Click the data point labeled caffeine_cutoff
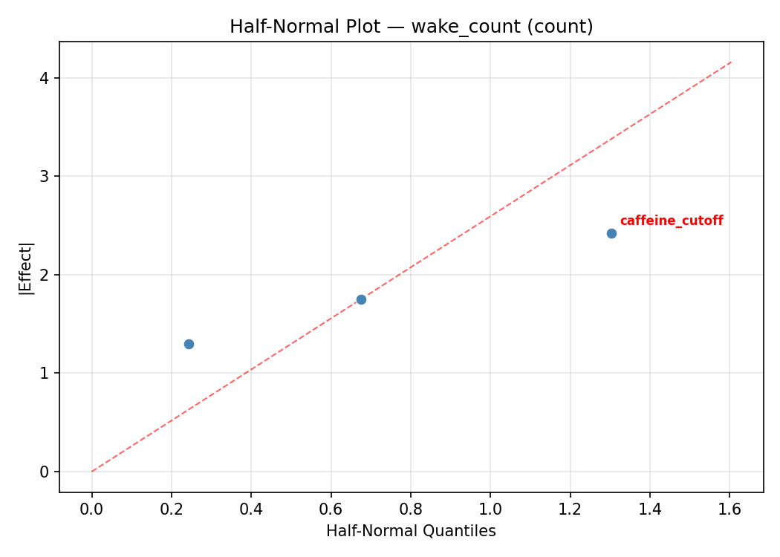point(611,233)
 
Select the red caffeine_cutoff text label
point(671,221)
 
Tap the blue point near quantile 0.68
point(361,299)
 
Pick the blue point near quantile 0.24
point(189,344)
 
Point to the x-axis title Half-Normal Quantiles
point(411,531)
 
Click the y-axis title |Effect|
point(26,267)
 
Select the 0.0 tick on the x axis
point(92,510)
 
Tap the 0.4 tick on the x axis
point(251,510)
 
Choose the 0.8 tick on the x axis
point(411,510)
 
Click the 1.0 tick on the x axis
point(490,510)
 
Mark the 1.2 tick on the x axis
point(570,510)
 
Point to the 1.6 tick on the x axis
point(729,510)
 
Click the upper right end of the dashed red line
point(731,62)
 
